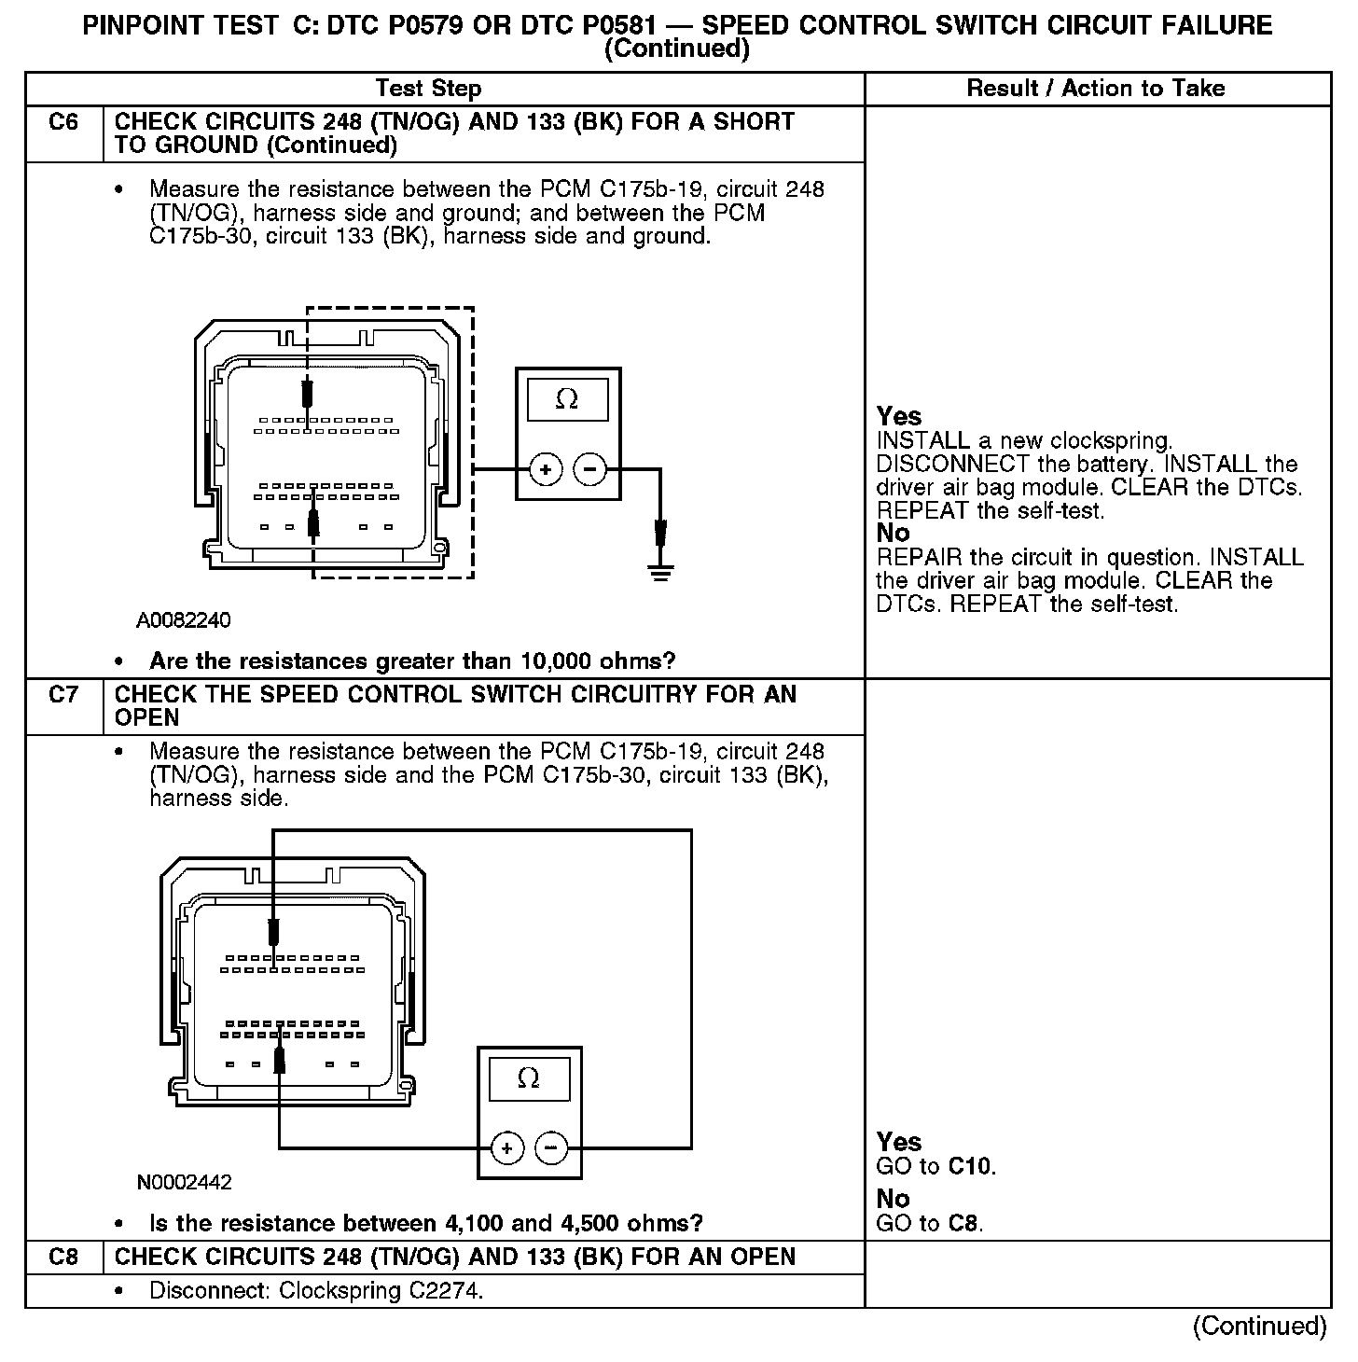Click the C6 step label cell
[x=63, y=122]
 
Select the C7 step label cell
[x=63, y=695]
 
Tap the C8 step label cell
[x=63, y=1257]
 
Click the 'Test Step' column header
[x=428, y=89]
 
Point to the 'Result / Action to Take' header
[x=1096, y=89]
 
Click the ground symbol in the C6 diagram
[x=660, y=571]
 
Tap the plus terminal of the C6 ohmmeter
[x=546, y=469]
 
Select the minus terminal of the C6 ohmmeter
[x=589, y=469]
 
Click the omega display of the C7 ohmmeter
[x=528, y=1079]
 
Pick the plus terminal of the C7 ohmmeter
[x=507, y=1147]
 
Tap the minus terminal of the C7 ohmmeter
[x=551, y=1147]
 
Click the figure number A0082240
[x=184, y=620]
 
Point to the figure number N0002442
[x=184, y=1182]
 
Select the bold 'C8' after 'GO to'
[x=963, y=1223]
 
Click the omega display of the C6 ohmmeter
[x=567, y=400]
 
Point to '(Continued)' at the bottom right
[x=1258, y=1326]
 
